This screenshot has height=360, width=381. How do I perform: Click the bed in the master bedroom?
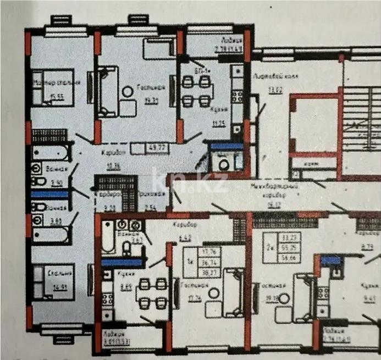pos(53,87)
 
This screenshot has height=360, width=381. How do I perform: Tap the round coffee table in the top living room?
pos(127,91)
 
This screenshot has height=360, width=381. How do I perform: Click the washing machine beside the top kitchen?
pos(224,163)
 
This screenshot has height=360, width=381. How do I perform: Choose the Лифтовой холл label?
pos(275,77)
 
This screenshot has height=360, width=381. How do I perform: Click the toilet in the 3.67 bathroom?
pos(126,250)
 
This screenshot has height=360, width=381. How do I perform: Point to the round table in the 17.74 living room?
pos(214,292)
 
